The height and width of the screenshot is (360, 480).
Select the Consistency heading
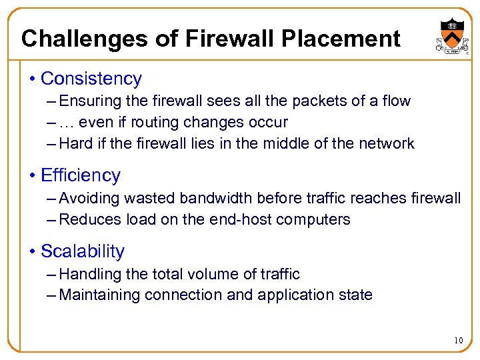click(x=91, y=79)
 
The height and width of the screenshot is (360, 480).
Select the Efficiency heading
click(x=81, y=175)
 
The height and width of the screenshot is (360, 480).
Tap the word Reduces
click(x=87, y=219)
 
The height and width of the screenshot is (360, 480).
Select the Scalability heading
click(x=83, y=251)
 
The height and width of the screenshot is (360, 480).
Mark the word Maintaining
click(x=100, y=295)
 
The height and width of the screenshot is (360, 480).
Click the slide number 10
click(x=458, y=341)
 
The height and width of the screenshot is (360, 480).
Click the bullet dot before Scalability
click(x=33, y=252)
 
